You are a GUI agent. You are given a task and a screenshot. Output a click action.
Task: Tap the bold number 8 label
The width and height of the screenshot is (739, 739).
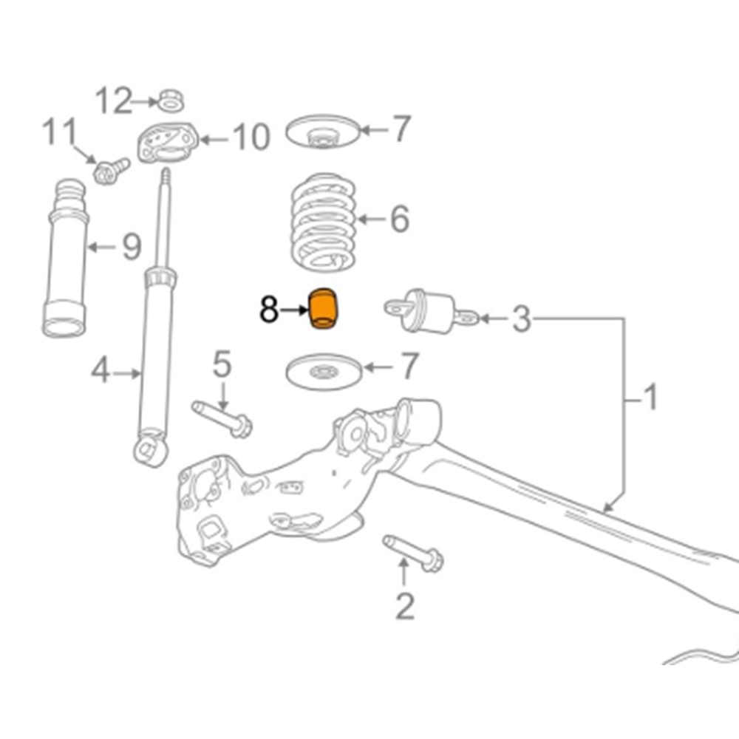coord(269,311)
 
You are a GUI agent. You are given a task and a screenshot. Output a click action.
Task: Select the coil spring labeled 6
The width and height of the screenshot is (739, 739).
coord(324,221)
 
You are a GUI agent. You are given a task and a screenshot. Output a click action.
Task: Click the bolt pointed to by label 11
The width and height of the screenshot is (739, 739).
coord(109,171)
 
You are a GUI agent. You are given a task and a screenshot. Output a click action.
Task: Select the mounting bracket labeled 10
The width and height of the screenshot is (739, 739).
coord(168,142)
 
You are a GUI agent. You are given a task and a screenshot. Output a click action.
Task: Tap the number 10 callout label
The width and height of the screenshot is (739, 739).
coord(251,137)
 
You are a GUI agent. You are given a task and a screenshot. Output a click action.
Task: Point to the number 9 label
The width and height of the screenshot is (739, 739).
coord(131,246)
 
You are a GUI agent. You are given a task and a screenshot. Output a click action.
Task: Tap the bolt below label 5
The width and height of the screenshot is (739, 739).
coord(222,418)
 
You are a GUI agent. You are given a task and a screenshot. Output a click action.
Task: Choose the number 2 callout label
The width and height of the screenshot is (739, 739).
coord(405,606)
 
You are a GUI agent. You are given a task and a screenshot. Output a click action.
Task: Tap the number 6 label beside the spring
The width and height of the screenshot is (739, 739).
coord(399,219)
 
